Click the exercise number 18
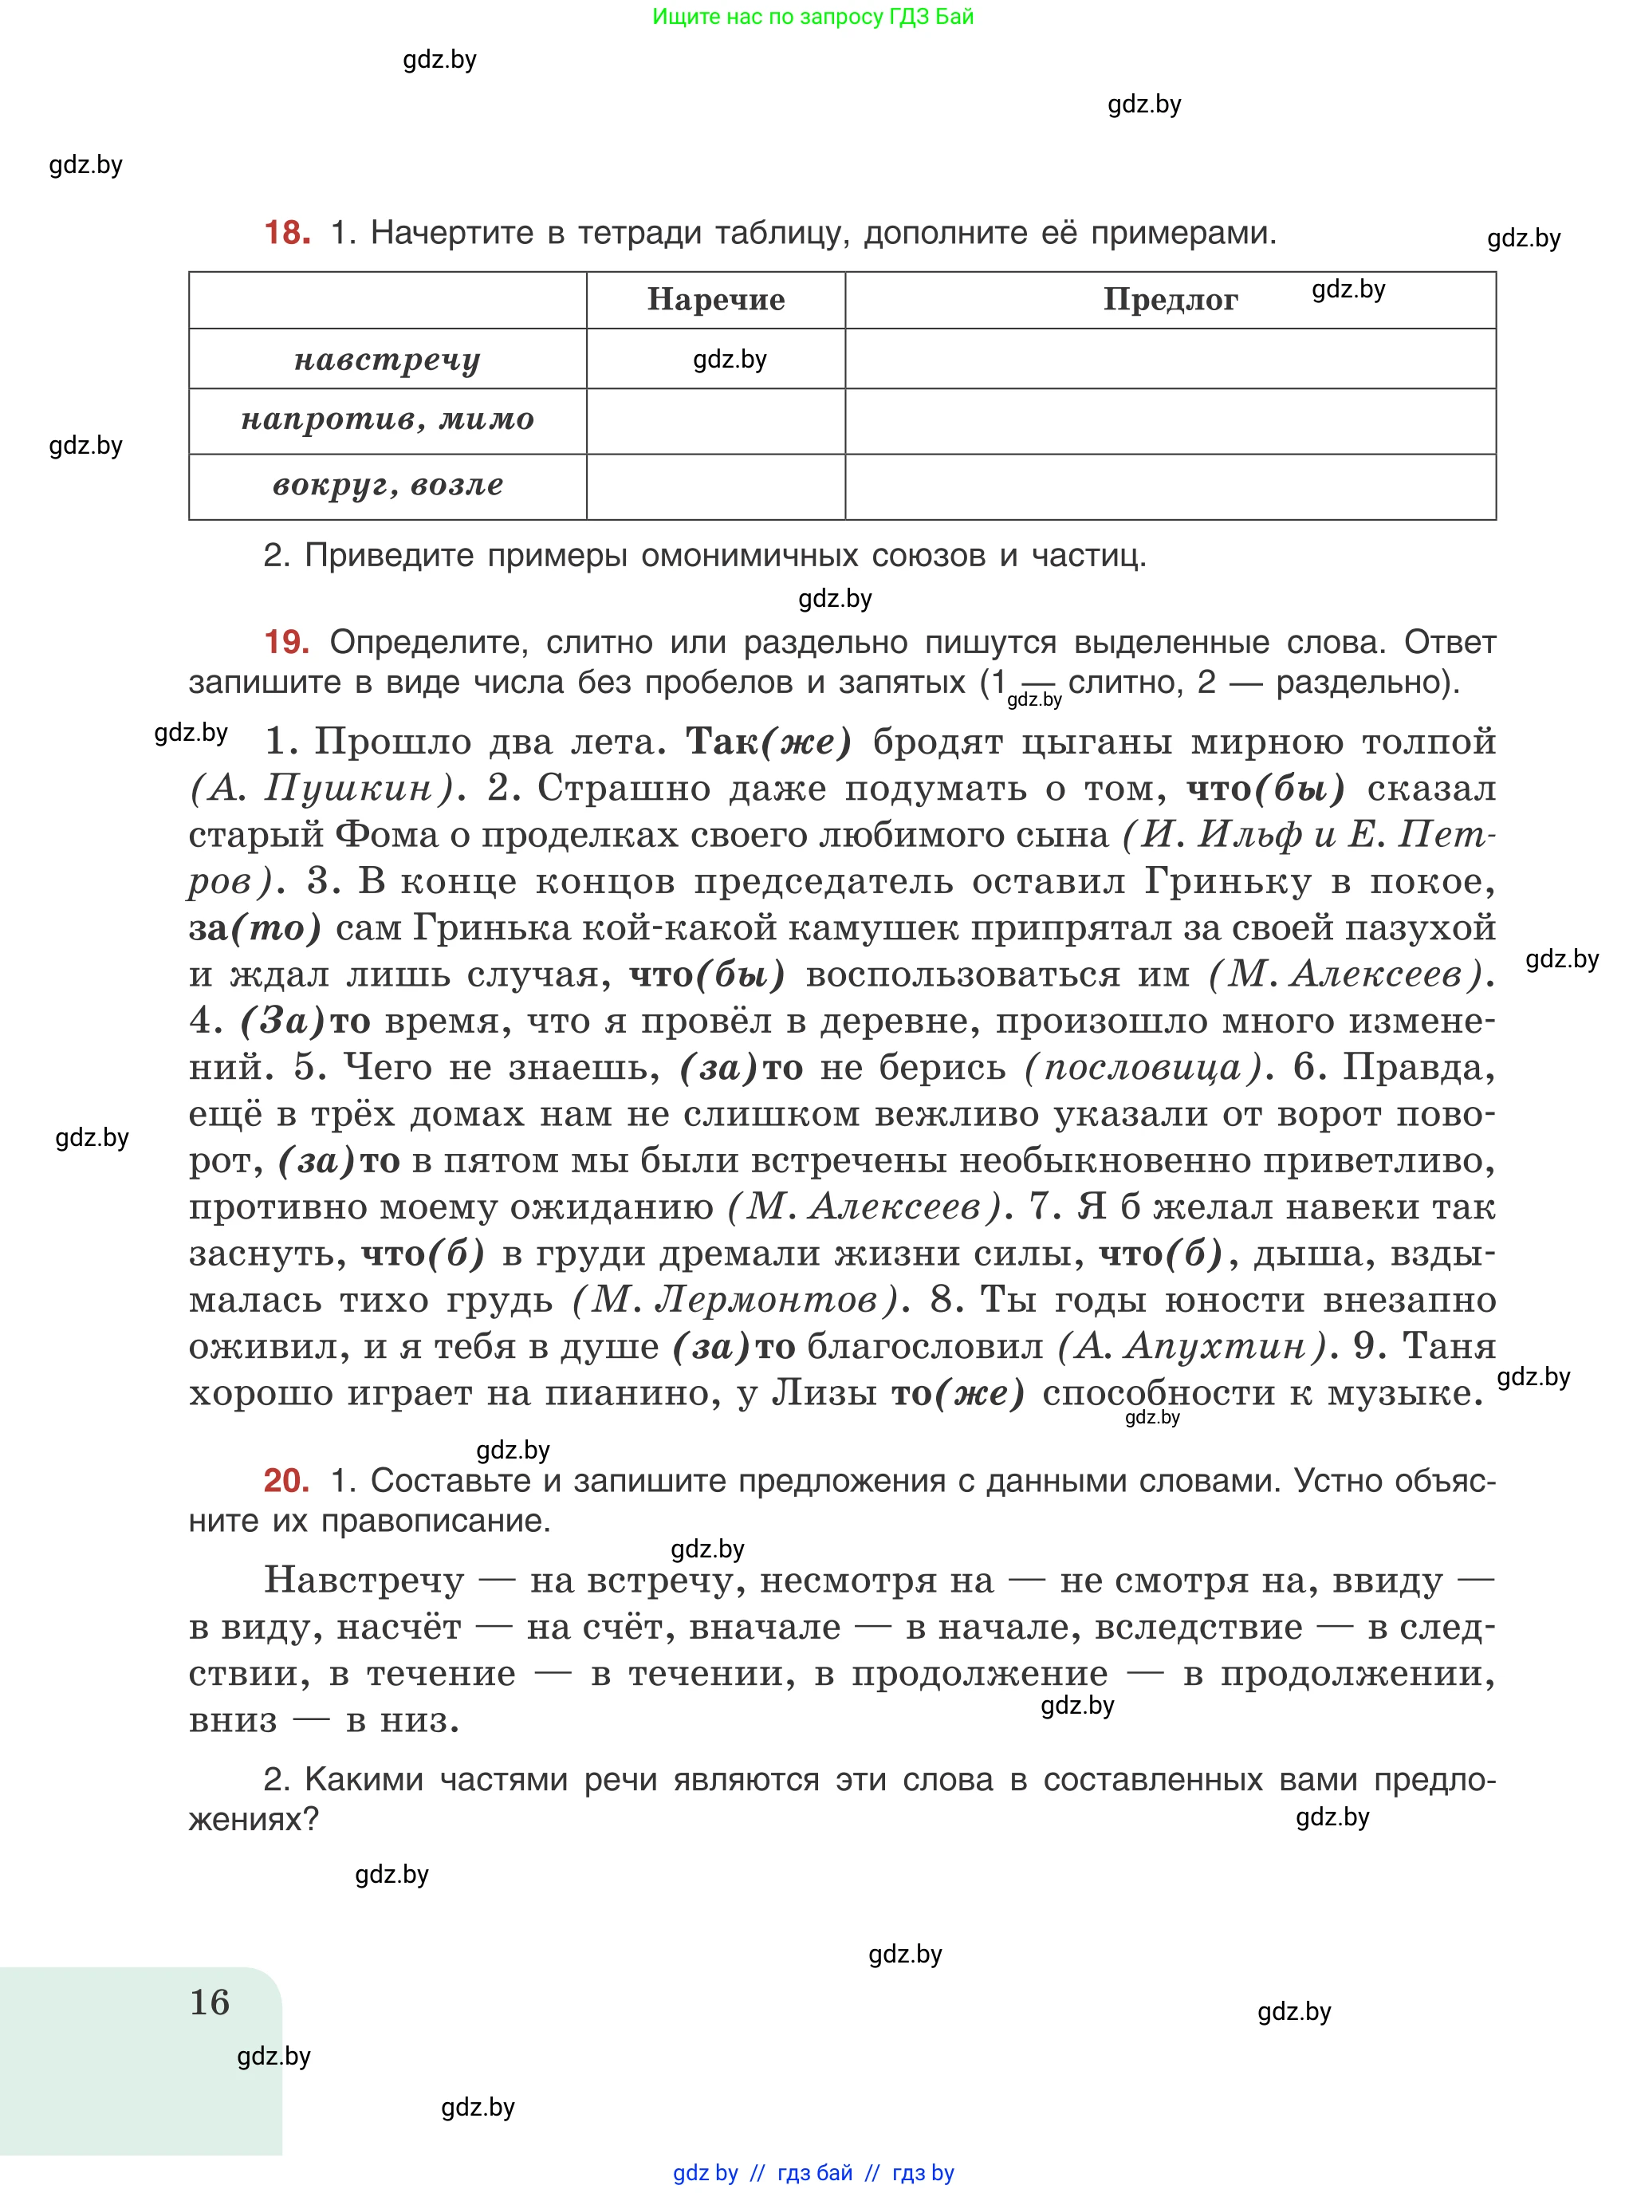click(287, 233)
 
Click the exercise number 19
click(286, 642)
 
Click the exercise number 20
click(286, 1480)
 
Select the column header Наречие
click(716, 300)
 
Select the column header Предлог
click(1170, 300)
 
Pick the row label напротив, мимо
click(387, 421)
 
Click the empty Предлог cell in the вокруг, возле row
click(1170, 487)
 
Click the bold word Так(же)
click(768, 742)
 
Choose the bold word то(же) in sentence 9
click(958, 1392)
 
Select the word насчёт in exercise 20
click(399, 1626)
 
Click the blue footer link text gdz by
click(705, 2173)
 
